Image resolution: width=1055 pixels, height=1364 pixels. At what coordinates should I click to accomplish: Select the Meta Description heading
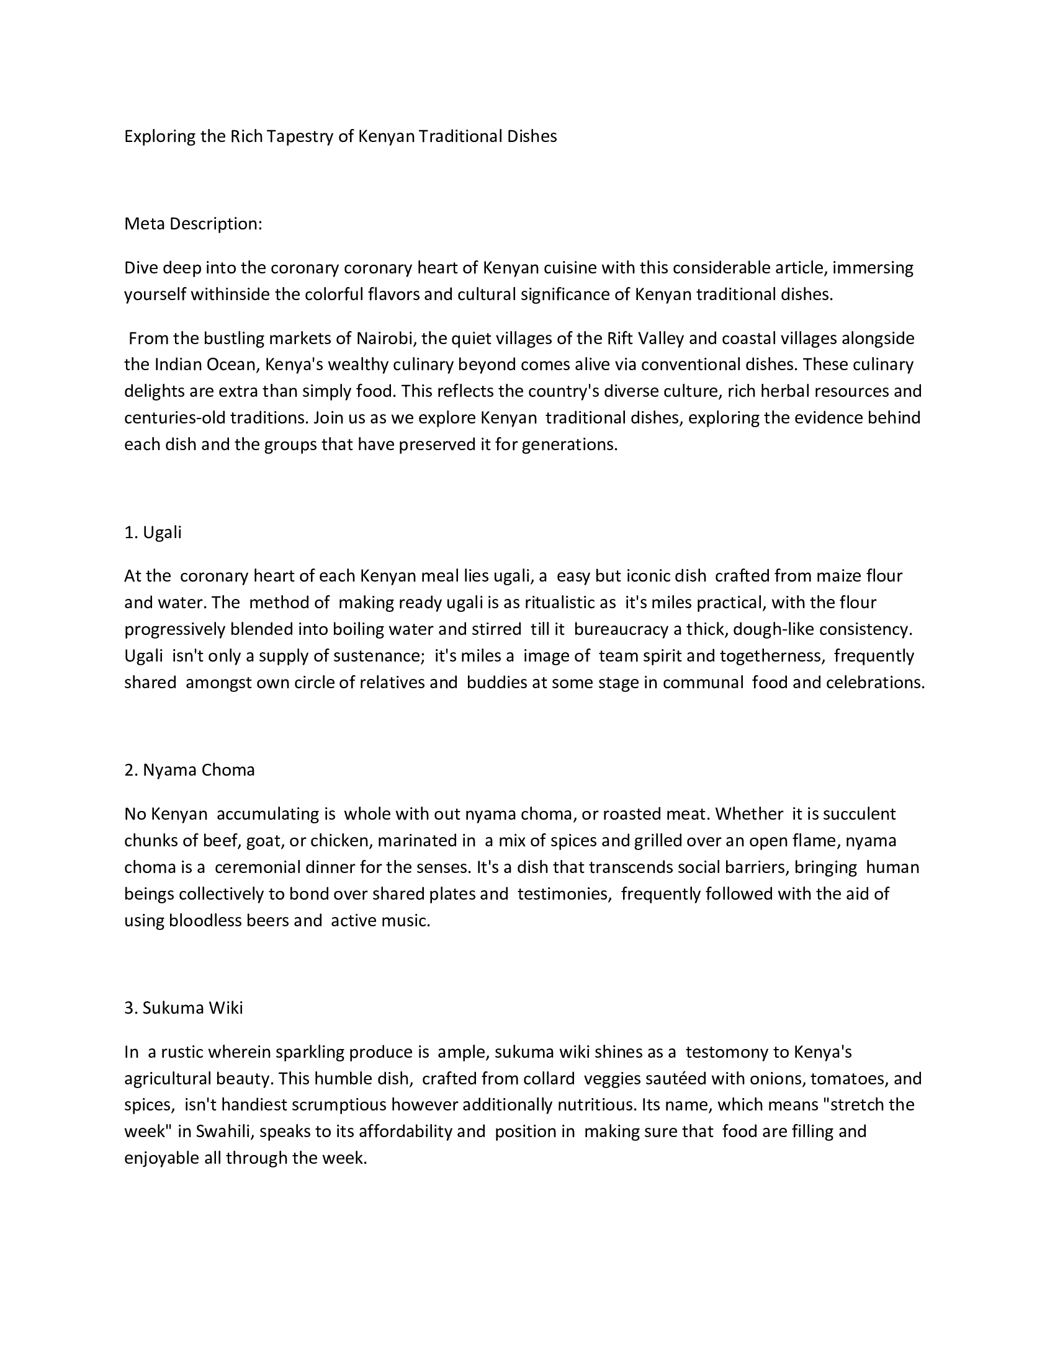tap(193, 224)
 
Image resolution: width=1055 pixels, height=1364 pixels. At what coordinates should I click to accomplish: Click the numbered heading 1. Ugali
tap(153, 532)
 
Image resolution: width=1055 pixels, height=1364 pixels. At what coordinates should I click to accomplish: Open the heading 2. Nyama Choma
tap(189, 770)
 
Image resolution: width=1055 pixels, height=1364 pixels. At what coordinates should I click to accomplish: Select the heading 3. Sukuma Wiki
tap(184, 1008)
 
